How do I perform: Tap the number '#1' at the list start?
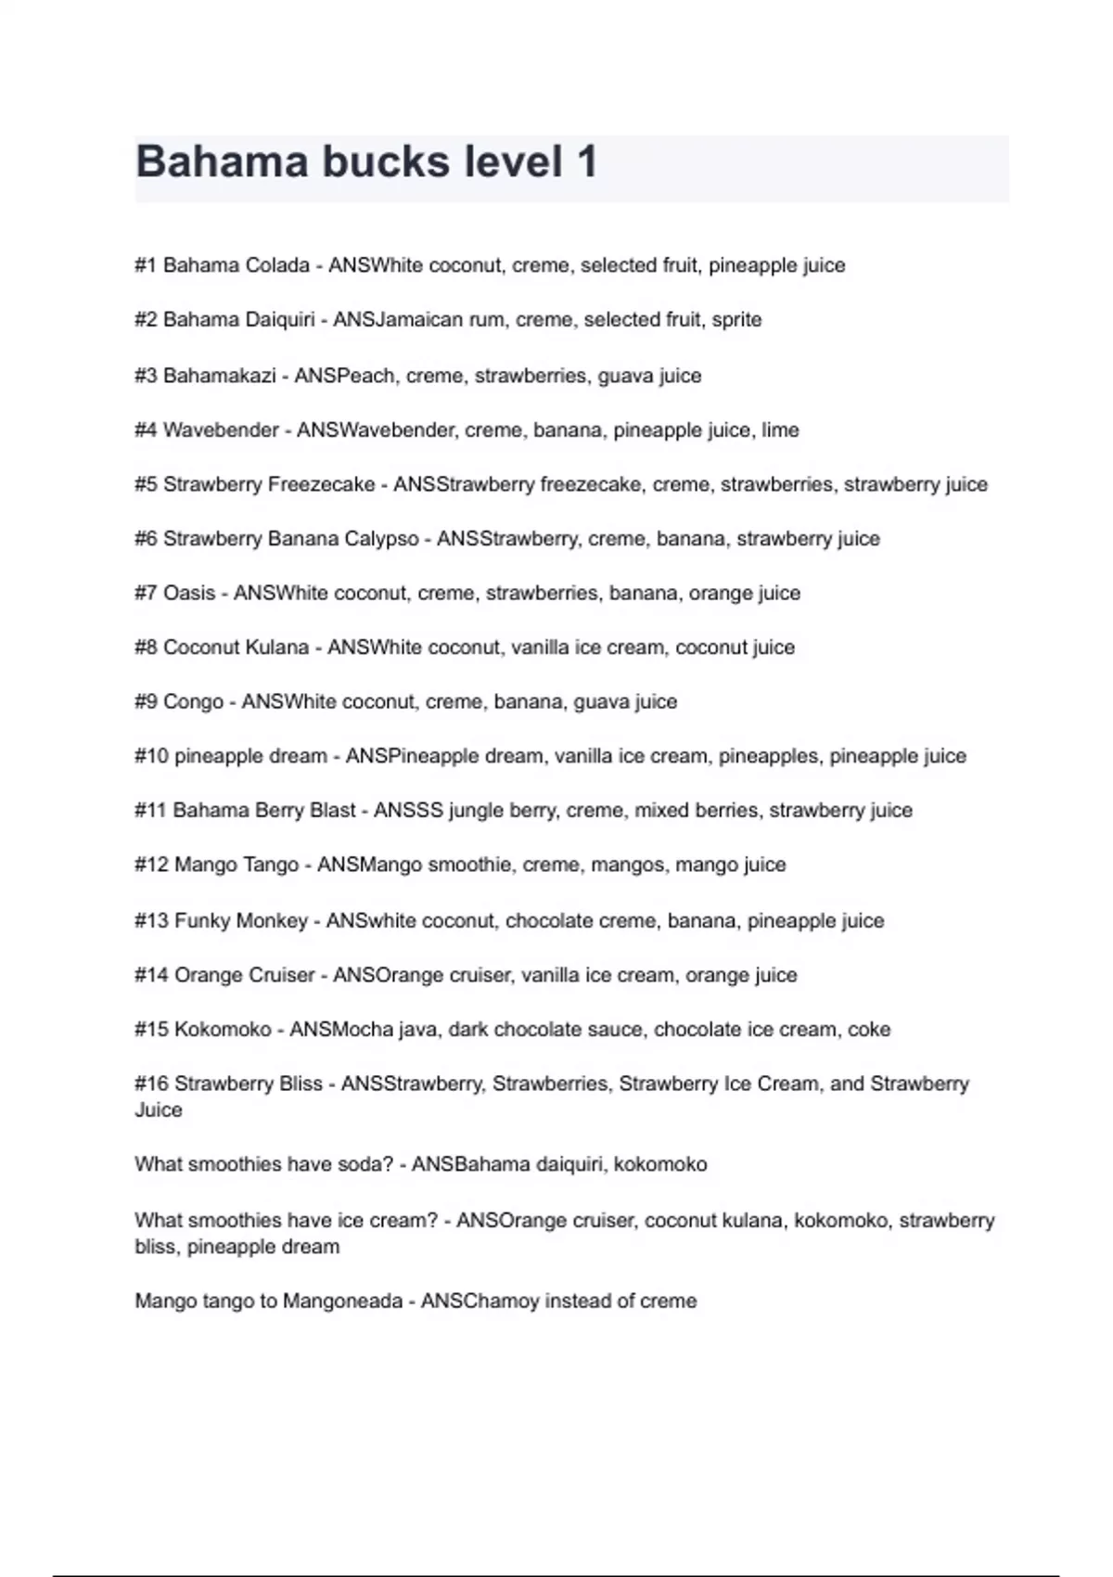(146, 265)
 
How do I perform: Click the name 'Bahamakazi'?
(220, 376)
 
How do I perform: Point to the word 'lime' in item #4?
(780, 430)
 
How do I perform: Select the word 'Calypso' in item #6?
(382, 539)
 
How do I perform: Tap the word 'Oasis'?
(189, 593)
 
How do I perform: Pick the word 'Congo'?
(193, 702)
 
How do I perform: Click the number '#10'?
(151, 756)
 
